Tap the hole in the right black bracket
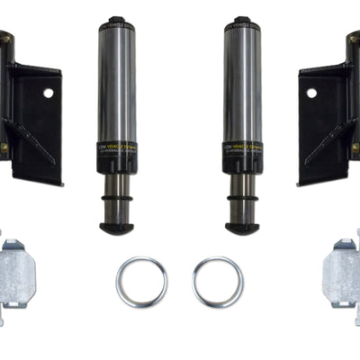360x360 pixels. [x=311, y=93]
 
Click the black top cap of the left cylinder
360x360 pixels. [x=117, y=23]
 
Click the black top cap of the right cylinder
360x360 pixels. [x=242, y=23]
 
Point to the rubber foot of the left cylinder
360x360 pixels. [x=117, y=228]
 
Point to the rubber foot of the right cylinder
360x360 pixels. [x=242, y=228]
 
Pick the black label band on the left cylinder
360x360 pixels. [x=117, y=157]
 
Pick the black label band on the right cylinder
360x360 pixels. [x=242, y=157]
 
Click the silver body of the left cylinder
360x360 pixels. [x=117, y=90]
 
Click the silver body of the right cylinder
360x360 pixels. [x=242, y=90]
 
